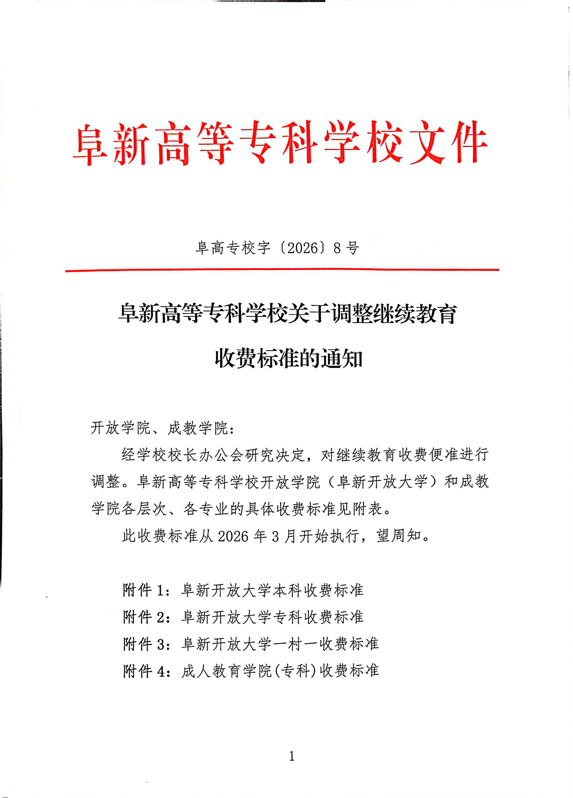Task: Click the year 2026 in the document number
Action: coord(303,248)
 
